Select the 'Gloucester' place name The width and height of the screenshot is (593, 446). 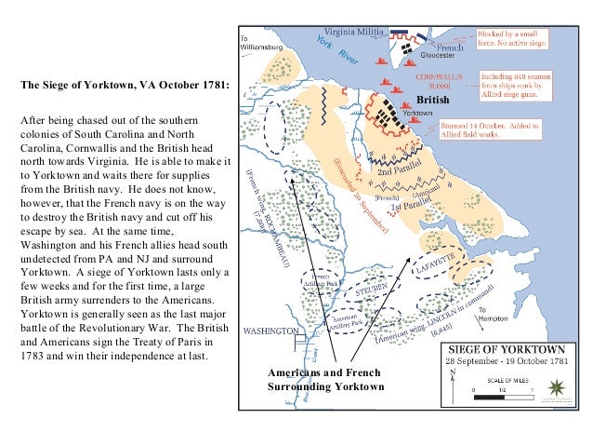click(435, 56)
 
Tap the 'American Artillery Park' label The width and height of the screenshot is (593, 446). click(346, 321)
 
